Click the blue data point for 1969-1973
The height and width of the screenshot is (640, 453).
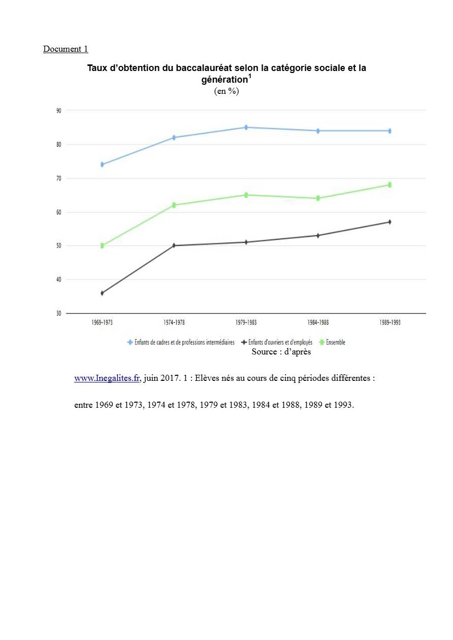coord(102,164)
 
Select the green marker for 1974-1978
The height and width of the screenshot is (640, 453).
coord(174,205)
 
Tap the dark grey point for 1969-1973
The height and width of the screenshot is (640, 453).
coord(102,293)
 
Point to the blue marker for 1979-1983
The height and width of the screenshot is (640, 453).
coord(246,127)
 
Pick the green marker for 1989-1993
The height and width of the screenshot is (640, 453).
coord(390,185)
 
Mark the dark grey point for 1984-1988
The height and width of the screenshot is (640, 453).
coord(318,235)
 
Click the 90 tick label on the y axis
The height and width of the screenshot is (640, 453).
coord(58,111)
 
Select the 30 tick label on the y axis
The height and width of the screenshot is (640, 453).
coord(58,313)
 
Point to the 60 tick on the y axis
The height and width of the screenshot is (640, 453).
coord(58,212)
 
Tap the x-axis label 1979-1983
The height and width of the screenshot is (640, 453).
coord(246,323)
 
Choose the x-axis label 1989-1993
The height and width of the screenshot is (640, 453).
coord(390,323)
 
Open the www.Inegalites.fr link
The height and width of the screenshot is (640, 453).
coord(107,378)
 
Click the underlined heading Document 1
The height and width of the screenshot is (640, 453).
coord(66,49)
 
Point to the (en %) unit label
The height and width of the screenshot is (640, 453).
coord(226,91)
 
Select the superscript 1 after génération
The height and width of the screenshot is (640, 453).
coord(250,77)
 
